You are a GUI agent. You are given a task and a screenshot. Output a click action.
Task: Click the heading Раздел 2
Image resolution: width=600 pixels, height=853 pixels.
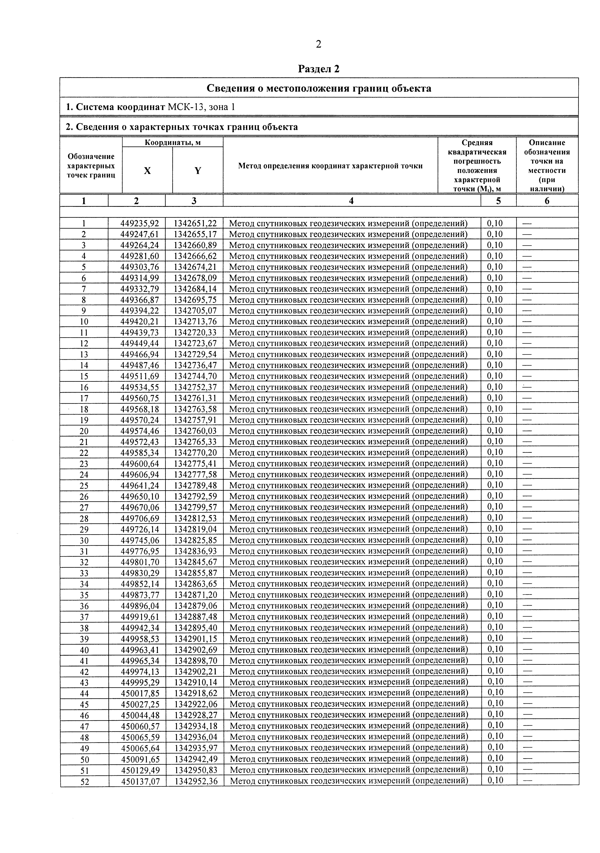click(x=319, y=69)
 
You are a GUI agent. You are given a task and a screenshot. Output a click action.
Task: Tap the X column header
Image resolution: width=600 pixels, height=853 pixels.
click(x=147, y=171)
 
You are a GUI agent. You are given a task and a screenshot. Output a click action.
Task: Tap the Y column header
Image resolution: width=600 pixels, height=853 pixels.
click(x=198, y=171)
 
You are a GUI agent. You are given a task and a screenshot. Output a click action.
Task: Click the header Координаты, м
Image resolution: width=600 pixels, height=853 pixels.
click(x=173, y=142)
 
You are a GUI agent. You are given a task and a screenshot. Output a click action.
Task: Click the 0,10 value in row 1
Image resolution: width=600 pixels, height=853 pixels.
click(x=495, y=223)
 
